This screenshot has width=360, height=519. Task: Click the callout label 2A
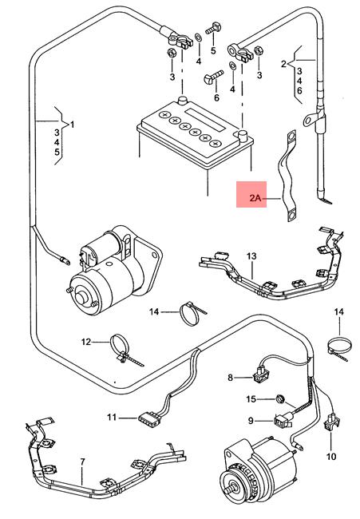click(255, 198)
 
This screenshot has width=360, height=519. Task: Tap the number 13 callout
click(251, 256)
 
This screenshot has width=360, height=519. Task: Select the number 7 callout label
click(82, 462)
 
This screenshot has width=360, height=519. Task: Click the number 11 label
click(112, 418)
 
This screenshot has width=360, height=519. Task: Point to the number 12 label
click(86, 342)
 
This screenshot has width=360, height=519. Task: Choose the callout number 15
click(251, 399)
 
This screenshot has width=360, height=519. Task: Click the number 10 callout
click(331, 457)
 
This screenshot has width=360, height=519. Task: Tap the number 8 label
click(231, 378)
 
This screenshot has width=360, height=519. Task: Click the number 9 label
click(251, 420)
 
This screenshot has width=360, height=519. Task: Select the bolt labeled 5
click(213, 29)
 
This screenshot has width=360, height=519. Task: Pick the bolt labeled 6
click(212, 77)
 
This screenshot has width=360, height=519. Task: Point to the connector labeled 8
click(261, 374)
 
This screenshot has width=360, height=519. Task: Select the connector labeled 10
click(331, 422)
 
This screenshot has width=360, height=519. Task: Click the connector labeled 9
click(283, 420)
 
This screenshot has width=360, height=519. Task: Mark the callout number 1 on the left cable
click(73, 125)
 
